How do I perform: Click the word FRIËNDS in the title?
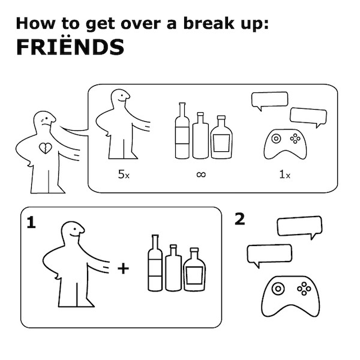(x=70, y=47)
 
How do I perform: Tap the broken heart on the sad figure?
(x=46, y=148)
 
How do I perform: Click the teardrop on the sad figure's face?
(x=42, y=120)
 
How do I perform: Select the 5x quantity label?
(x=124, y=174)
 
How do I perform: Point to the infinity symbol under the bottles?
(x=201, y=175)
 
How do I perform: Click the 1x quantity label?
(x=284, y=175)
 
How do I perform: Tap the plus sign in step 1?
(x=123, y=268)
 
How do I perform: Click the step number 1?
(x=31, y=222)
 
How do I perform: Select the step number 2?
(x=239, y=219)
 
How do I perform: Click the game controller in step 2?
(x=290, y=296)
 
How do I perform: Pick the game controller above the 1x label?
(x=285, y=144)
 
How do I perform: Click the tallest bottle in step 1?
(x=155, y=263)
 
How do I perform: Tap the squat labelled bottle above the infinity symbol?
(x=221, y=137)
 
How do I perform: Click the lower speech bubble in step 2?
(x=269, y=254)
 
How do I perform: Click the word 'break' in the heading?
(x=208, y=23)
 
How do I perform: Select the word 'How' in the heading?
(x=35, y=23)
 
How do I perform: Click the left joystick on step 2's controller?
(x=278, y=289)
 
